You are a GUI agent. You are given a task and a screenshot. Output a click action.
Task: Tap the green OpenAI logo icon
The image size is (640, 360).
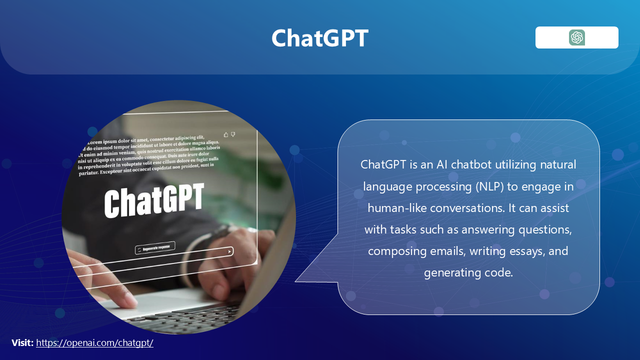[x=577, y=37]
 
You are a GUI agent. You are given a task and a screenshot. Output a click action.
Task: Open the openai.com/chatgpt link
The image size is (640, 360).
[x=94, y=342]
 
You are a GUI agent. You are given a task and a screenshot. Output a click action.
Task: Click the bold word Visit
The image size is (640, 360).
[x=22, y=342]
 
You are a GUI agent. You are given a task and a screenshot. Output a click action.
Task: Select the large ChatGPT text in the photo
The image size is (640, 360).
[x=154, y=200]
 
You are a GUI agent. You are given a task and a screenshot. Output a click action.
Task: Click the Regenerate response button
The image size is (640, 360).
[x=155, y=248]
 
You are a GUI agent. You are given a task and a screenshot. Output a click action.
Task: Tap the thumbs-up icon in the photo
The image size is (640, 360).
[x=226, y=134]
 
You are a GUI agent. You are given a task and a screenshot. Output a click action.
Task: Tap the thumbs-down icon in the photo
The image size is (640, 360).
[x=233, y=134]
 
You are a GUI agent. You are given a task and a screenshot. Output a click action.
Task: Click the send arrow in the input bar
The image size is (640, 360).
[x=229, y=251]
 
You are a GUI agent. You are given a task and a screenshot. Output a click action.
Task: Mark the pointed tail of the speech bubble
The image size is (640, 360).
[x=295, y=281]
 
